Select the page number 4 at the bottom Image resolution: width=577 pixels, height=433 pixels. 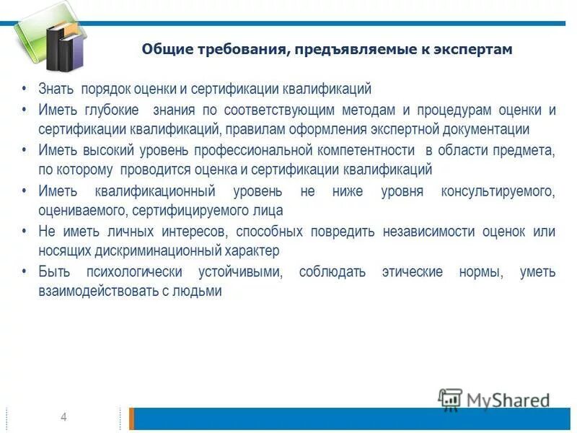pyautogui.click(x=63, y=418)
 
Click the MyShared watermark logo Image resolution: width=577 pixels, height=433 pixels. pyautogui.click(x=494, y=400)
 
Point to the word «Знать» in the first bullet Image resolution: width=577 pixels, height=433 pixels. pyautogui.click(x=57, y=89)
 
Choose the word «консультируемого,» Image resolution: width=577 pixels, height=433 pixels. pyautogui.click(x=498, y=192)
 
